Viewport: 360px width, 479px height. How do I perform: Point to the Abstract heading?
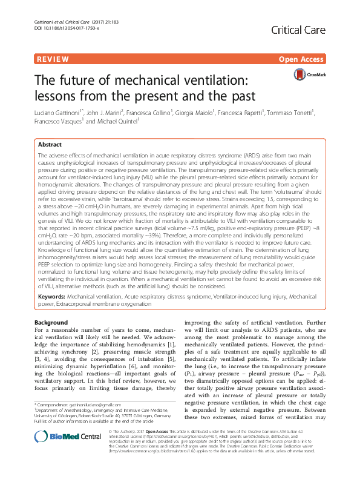point(50,145)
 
